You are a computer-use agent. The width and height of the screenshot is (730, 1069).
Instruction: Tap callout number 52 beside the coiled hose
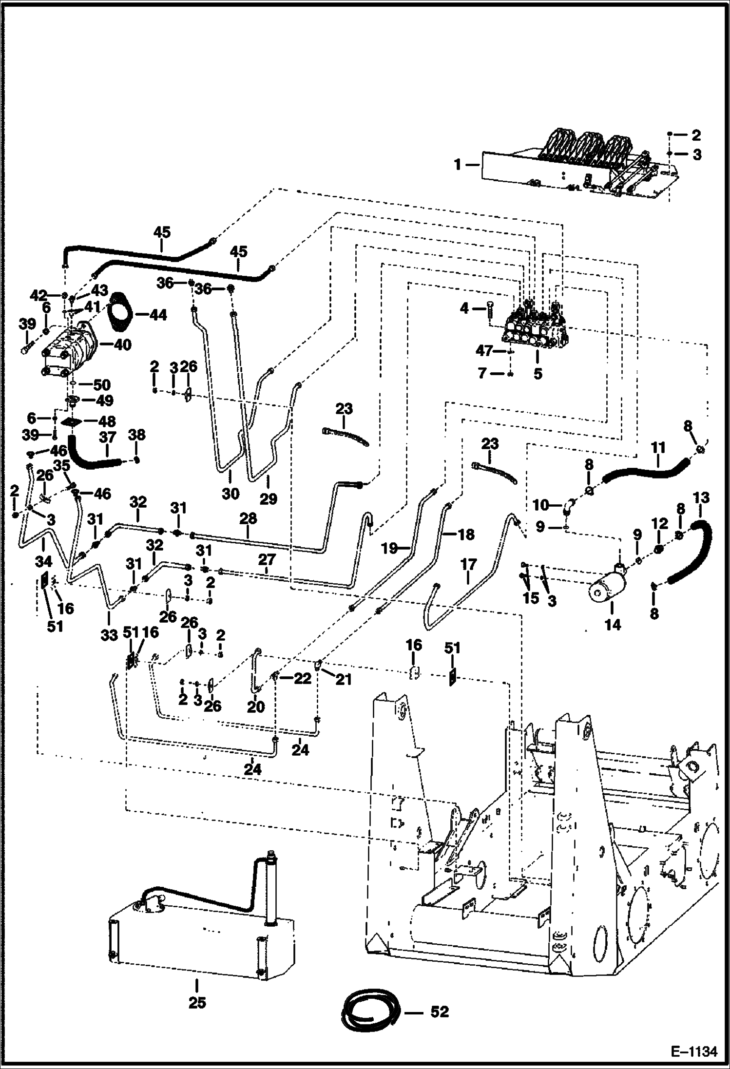(x=439, y=1012)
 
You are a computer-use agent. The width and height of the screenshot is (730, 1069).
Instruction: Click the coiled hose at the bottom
(x=370, y=1012)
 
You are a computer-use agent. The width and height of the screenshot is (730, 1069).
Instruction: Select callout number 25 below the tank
(x=197, y=1002)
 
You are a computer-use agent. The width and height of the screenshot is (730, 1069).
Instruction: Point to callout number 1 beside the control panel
(x=458, y=165)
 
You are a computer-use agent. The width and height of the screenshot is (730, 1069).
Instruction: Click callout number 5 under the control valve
(x=538, y=374)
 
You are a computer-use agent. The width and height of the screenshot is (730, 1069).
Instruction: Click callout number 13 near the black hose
(x=700, y=497)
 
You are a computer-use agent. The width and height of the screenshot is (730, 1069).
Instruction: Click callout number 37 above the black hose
(x=107, y=437)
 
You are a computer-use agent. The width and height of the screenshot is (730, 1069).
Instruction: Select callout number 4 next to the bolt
(x=465, y=308)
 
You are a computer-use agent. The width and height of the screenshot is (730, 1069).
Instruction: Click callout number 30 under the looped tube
(x=231, y=493)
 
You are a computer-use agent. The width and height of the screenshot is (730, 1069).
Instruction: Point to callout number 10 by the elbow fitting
(x=541, y=505)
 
